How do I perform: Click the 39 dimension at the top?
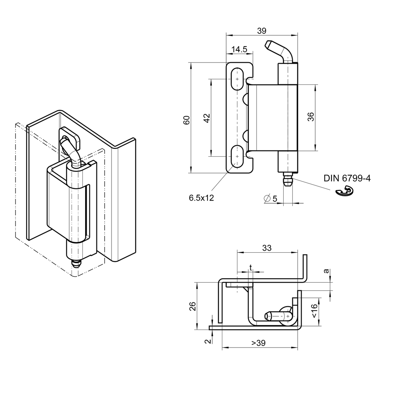261,30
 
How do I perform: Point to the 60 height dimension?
187,120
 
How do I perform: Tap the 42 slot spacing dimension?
207,117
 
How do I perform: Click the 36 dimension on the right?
311,117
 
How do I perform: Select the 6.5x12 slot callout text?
201,198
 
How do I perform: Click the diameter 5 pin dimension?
271,199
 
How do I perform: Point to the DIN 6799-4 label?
347,178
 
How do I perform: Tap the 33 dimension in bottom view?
267,248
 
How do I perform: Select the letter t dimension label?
251,268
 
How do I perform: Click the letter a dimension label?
326,271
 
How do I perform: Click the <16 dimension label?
314,312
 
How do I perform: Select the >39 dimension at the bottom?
258,343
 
